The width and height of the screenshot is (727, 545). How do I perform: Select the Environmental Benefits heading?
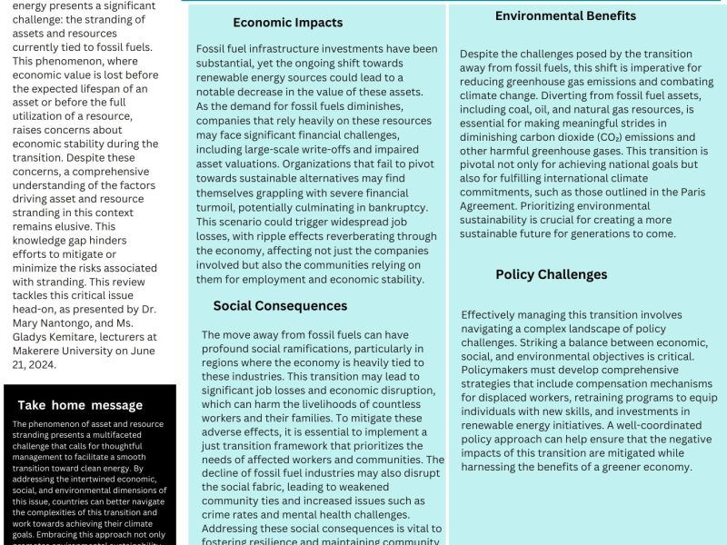coord(565,15)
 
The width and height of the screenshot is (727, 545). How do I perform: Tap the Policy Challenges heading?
coord(552,274)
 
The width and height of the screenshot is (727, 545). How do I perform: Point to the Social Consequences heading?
coord(280,305)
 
